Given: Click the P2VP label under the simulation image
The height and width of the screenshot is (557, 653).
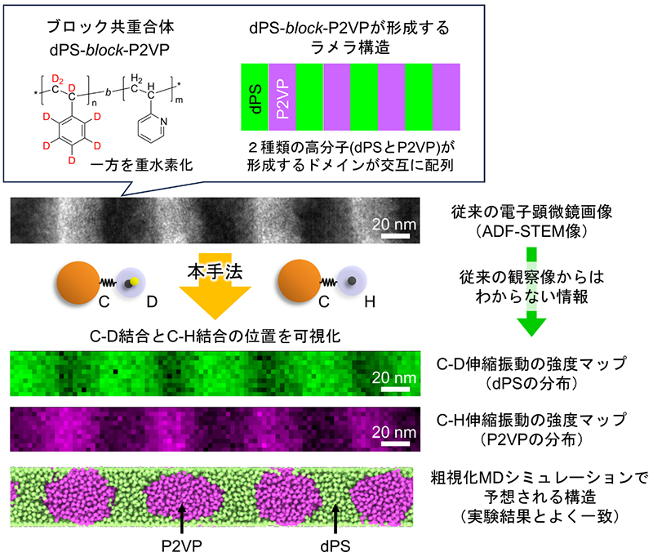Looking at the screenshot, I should (180, 541).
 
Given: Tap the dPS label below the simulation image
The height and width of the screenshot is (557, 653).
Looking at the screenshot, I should (336, 541).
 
